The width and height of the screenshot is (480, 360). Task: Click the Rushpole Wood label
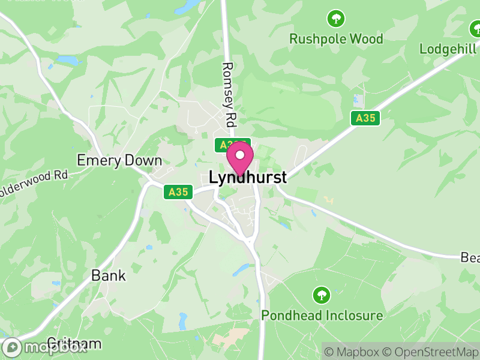pos(336,39)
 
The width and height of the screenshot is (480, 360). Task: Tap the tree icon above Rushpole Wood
pos(336,19)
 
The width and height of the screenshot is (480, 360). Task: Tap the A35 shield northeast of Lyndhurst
pos(365,118)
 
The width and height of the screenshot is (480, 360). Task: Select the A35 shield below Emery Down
pos(178,193)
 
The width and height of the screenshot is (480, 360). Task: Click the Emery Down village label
pos(119,160)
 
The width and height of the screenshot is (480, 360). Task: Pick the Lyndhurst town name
pos(248,178)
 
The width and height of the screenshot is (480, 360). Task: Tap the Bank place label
pos(109,275)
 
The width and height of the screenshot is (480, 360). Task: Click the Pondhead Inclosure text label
pos(322,315)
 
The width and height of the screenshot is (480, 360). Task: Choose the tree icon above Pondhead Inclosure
pos(322,295)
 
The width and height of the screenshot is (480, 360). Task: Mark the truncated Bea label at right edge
pos(470,257)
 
